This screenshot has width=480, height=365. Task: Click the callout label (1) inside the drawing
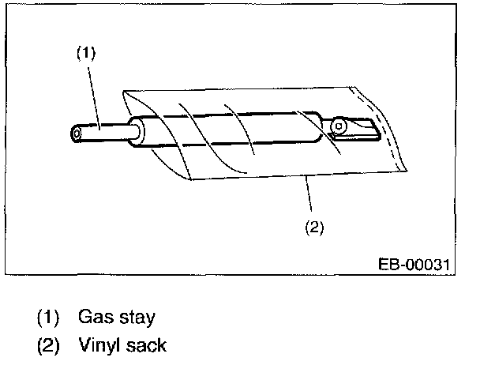85,54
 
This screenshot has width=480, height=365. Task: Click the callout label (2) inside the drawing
313,228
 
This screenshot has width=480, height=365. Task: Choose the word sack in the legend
147,345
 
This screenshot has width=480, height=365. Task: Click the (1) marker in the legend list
48,318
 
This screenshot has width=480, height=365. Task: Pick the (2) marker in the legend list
48,346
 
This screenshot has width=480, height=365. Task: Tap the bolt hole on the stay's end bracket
339,125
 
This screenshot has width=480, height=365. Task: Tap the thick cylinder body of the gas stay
237,129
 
